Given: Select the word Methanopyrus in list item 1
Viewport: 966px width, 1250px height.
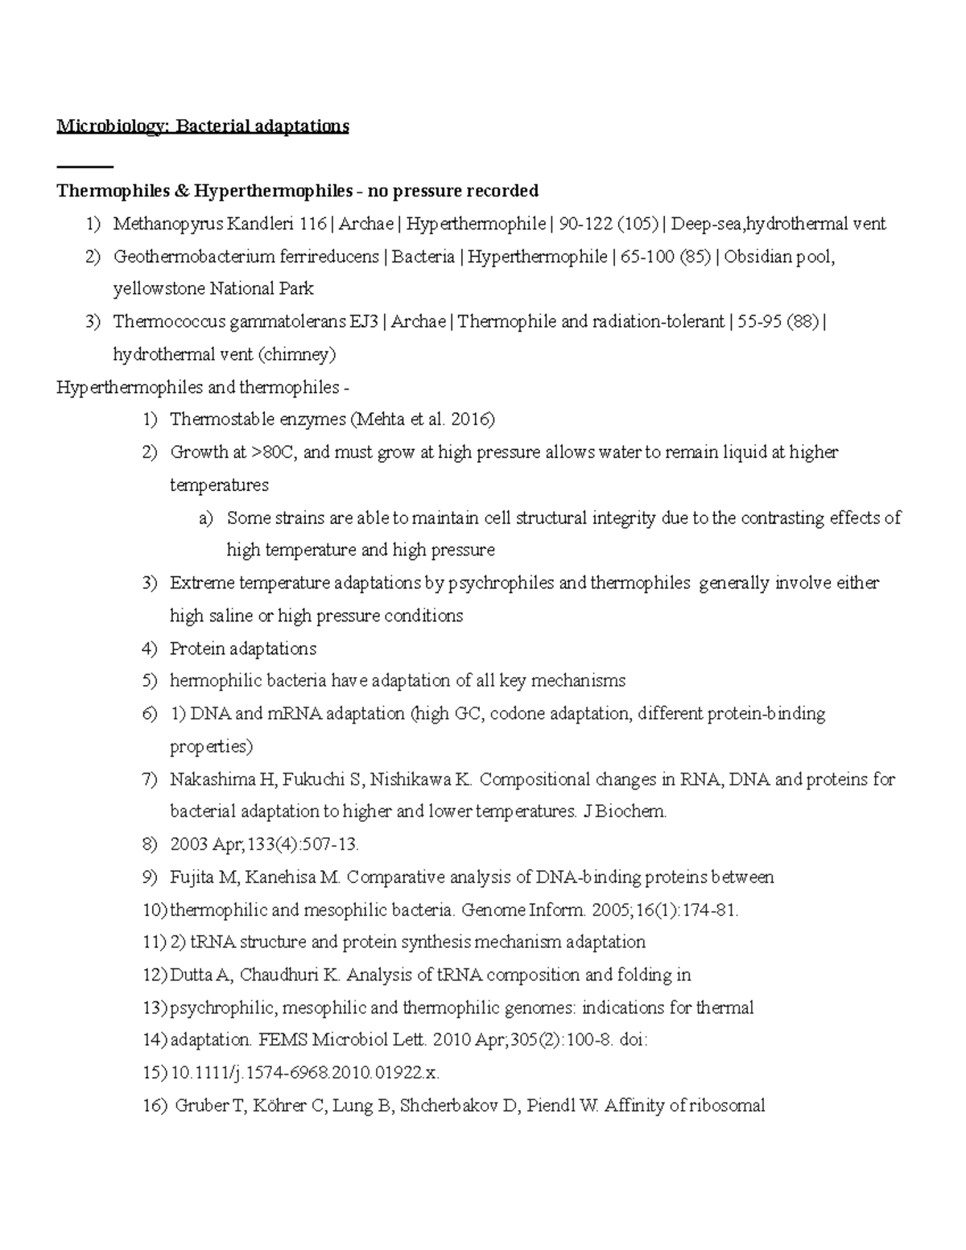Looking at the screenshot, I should tap(165, 224).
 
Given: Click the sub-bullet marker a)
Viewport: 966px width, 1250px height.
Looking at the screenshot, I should tap(206, 518).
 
